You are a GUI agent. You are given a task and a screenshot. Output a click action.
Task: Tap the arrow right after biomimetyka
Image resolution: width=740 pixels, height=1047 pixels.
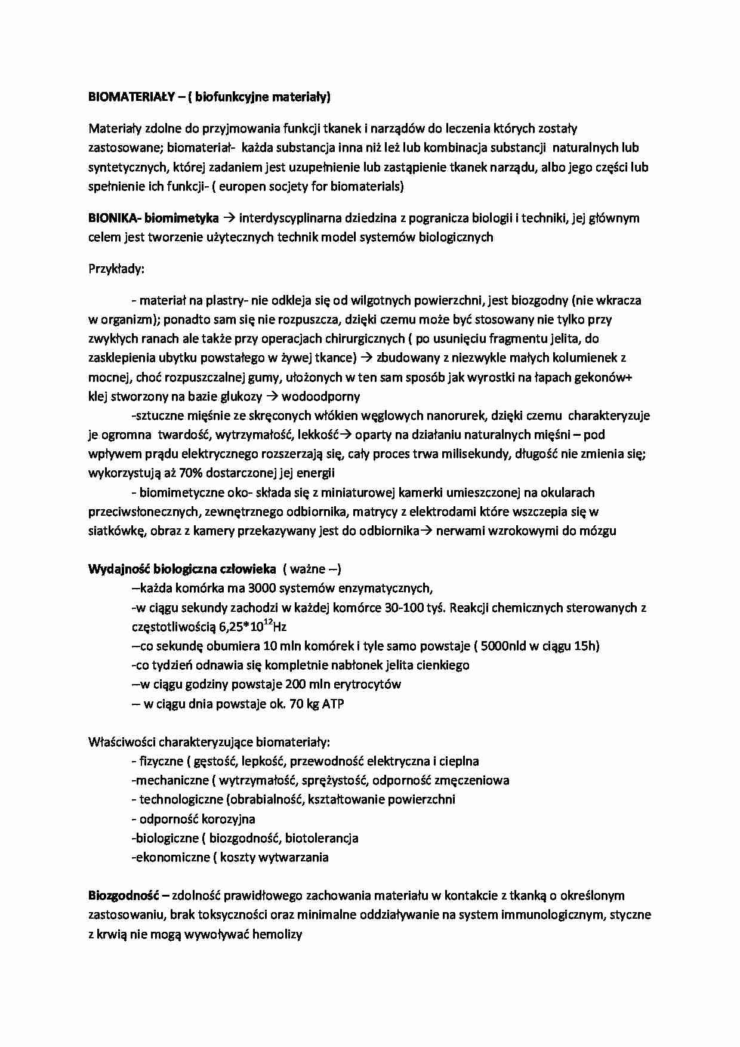(x=229, y=218)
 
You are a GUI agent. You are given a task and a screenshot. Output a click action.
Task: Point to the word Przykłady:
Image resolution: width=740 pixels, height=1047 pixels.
(x=116, y=269)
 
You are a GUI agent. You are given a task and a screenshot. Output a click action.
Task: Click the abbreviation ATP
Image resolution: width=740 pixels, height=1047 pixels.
(x=333, y=704)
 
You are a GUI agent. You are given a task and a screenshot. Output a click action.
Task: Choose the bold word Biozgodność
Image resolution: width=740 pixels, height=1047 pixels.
(x=124, y=895)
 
